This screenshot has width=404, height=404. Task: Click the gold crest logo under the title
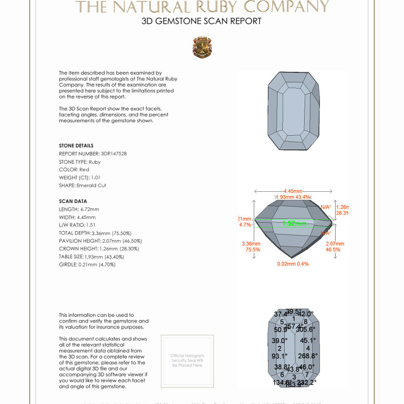[202, 47]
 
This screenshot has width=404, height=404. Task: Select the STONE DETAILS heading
[76, 145]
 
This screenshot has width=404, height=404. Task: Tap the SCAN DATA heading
[73, 201]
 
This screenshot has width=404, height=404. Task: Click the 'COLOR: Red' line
[74, 170]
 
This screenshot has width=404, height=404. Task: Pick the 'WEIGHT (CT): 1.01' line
[80, 177]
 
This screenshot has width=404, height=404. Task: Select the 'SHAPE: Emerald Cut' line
[82, 185]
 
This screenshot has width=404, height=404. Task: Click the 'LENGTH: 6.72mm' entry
[79, 209]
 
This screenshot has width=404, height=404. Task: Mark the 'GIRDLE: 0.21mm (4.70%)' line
[87, 264]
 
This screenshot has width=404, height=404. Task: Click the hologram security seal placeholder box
[187, 361]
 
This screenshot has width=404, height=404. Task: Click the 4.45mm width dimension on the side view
[294, 191]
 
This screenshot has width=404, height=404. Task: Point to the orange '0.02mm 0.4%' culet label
[293, 264]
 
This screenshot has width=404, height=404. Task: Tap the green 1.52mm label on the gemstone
[294, 223]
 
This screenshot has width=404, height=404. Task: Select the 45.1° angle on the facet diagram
[308, 340]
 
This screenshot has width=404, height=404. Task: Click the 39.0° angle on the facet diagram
[279, 340]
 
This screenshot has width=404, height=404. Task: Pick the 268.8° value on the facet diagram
[308, 356]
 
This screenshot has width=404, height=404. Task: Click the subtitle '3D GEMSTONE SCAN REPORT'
[201, 22]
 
